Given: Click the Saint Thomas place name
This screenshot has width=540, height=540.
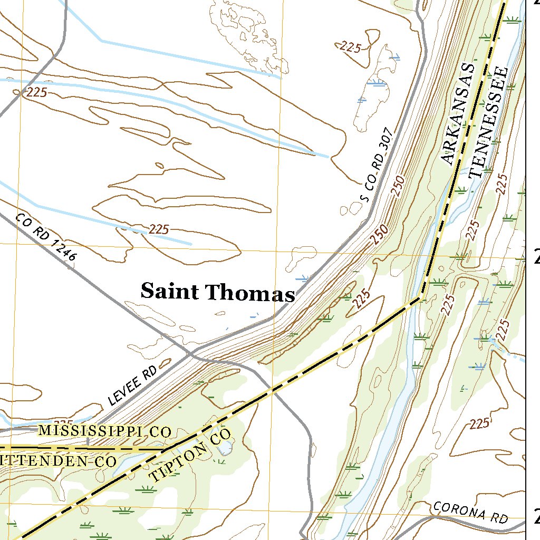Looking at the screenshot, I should [x=217, y=292].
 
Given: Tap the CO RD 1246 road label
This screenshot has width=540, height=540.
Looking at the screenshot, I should [x=46, y=237].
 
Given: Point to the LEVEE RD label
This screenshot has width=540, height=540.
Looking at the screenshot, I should [x=133, y=386].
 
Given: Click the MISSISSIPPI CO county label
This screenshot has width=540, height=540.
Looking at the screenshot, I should [x=104, y=431].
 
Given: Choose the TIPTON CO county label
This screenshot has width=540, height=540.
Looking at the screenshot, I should [x=191, y=456].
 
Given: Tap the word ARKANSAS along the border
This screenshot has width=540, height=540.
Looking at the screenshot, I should [x=457, y=113].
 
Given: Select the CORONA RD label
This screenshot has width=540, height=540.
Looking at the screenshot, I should [x=470, y=512].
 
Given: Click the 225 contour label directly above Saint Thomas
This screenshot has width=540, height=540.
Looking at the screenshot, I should [x=158, y=229].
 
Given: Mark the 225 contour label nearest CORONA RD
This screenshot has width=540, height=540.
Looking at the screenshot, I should [x=479, y=423].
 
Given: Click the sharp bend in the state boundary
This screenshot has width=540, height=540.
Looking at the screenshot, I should [x=420, y=298].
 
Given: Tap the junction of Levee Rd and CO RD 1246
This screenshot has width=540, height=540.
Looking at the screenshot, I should [x=192, y=352].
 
